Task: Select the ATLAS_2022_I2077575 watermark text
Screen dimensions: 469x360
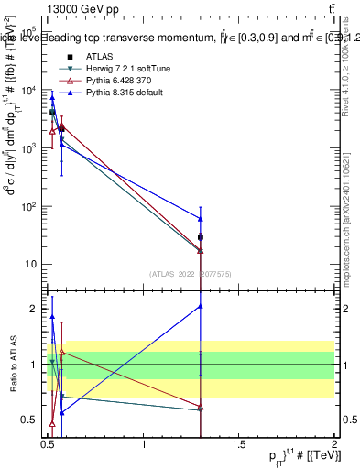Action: pyautogui.click(x=191, y=273)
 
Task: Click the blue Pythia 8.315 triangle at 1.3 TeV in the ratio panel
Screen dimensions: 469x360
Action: pyautogui.click(x=201, y=307)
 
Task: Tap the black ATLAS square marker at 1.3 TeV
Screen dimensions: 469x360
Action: pyautogui.click(x=201, y=237)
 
